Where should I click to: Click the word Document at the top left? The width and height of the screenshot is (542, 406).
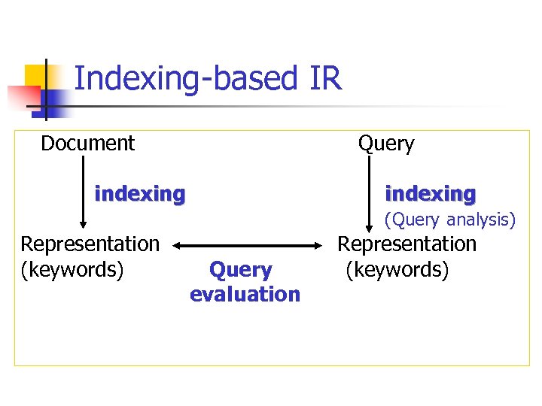click(x=87, y=143)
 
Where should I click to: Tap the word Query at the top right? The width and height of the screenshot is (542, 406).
click(x=386, y=144)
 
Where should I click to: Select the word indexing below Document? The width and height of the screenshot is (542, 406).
click(x=140, y=194)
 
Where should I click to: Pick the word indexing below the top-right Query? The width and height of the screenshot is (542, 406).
click(x=430, y=194)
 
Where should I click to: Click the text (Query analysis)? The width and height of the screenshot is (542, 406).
click(x=450, y=220)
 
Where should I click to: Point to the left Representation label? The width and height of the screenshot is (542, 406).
click(x=90, y=244)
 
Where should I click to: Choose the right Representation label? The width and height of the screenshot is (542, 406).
click(x=406, y=244)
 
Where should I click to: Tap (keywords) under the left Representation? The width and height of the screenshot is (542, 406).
click(x=72, y=268)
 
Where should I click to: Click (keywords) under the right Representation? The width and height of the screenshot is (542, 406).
click(x=397, y=268)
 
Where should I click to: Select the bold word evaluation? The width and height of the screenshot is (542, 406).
click(x=245, y=294)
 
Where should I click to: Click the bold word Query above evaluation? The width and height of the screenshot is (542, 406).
click(x=240, y=269)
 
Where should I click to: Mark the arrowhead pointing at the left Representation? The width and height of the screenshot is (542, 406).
click(x=83, y=223)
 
